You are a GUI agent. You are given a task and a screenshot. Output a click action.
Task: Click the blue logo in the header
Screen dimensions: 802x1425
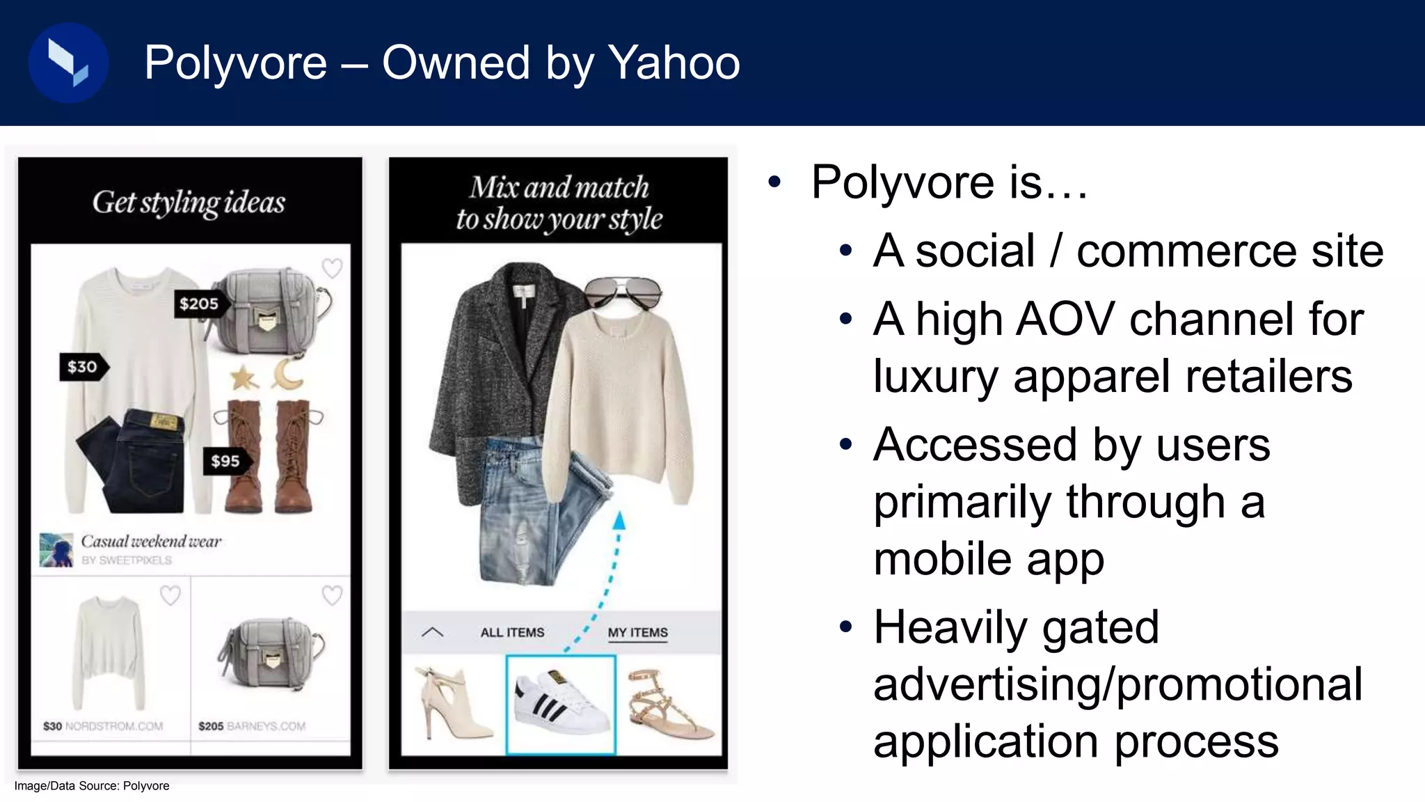[68, 63]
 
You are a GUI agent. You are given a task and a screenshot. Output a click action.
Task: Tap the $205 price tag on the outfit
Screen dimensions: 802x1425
[199, 304]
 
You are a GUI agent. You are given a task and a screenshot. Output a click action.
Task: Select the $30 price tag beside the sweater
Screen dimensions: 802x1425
[83, 367]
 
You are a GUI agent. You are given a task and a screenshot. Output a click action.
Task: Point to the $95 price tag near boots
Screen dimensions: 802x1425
[225, 461]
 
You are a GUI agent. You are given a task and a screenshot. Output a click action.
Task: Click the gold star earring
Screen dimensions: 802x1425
[244, 378]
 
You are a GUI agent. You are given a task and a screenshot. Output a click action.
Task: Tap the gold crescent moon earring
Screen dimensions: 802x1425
[287, 374]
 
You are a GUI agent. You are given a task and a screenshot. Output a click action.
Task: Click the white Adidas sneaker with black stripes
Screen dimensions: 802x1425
[560, 703]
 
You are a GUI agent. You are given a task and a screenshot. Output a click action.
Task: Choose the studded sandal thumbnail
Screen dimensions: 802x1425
[669, 703]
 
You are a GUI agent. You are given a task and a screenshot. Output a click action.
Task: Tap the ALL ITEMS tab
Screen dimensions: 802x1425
[512, 632]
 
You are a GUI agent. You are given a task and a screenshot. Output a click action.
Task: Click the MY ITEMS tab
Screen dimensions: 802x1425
[637, 632]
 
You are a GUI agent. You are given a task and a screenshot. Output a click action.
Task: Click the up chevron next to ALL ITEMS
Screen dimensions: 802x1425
[432, 632]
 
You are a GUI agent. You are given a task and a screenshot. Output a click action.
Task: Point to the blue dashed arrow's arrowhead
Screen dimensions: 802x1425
[619, 521]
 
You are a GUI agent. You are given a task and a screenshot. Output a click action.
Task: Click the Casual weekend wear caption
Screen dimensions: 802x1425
[151, 541]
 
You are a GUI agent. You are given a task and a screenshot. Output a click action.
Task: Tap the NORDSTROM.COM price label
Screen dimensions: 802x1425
[103, 726]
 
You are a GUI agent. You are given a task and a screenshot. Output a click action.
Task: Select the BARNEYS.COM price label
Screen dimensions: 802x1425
[252, 726]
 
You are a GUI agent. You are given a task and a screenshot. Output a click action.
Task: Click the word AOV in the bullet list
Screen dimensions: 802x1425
[1065, 320]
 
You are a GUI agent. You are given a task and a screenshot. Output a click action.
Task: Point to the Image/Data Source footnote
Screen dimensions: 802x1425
[92, 786]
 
